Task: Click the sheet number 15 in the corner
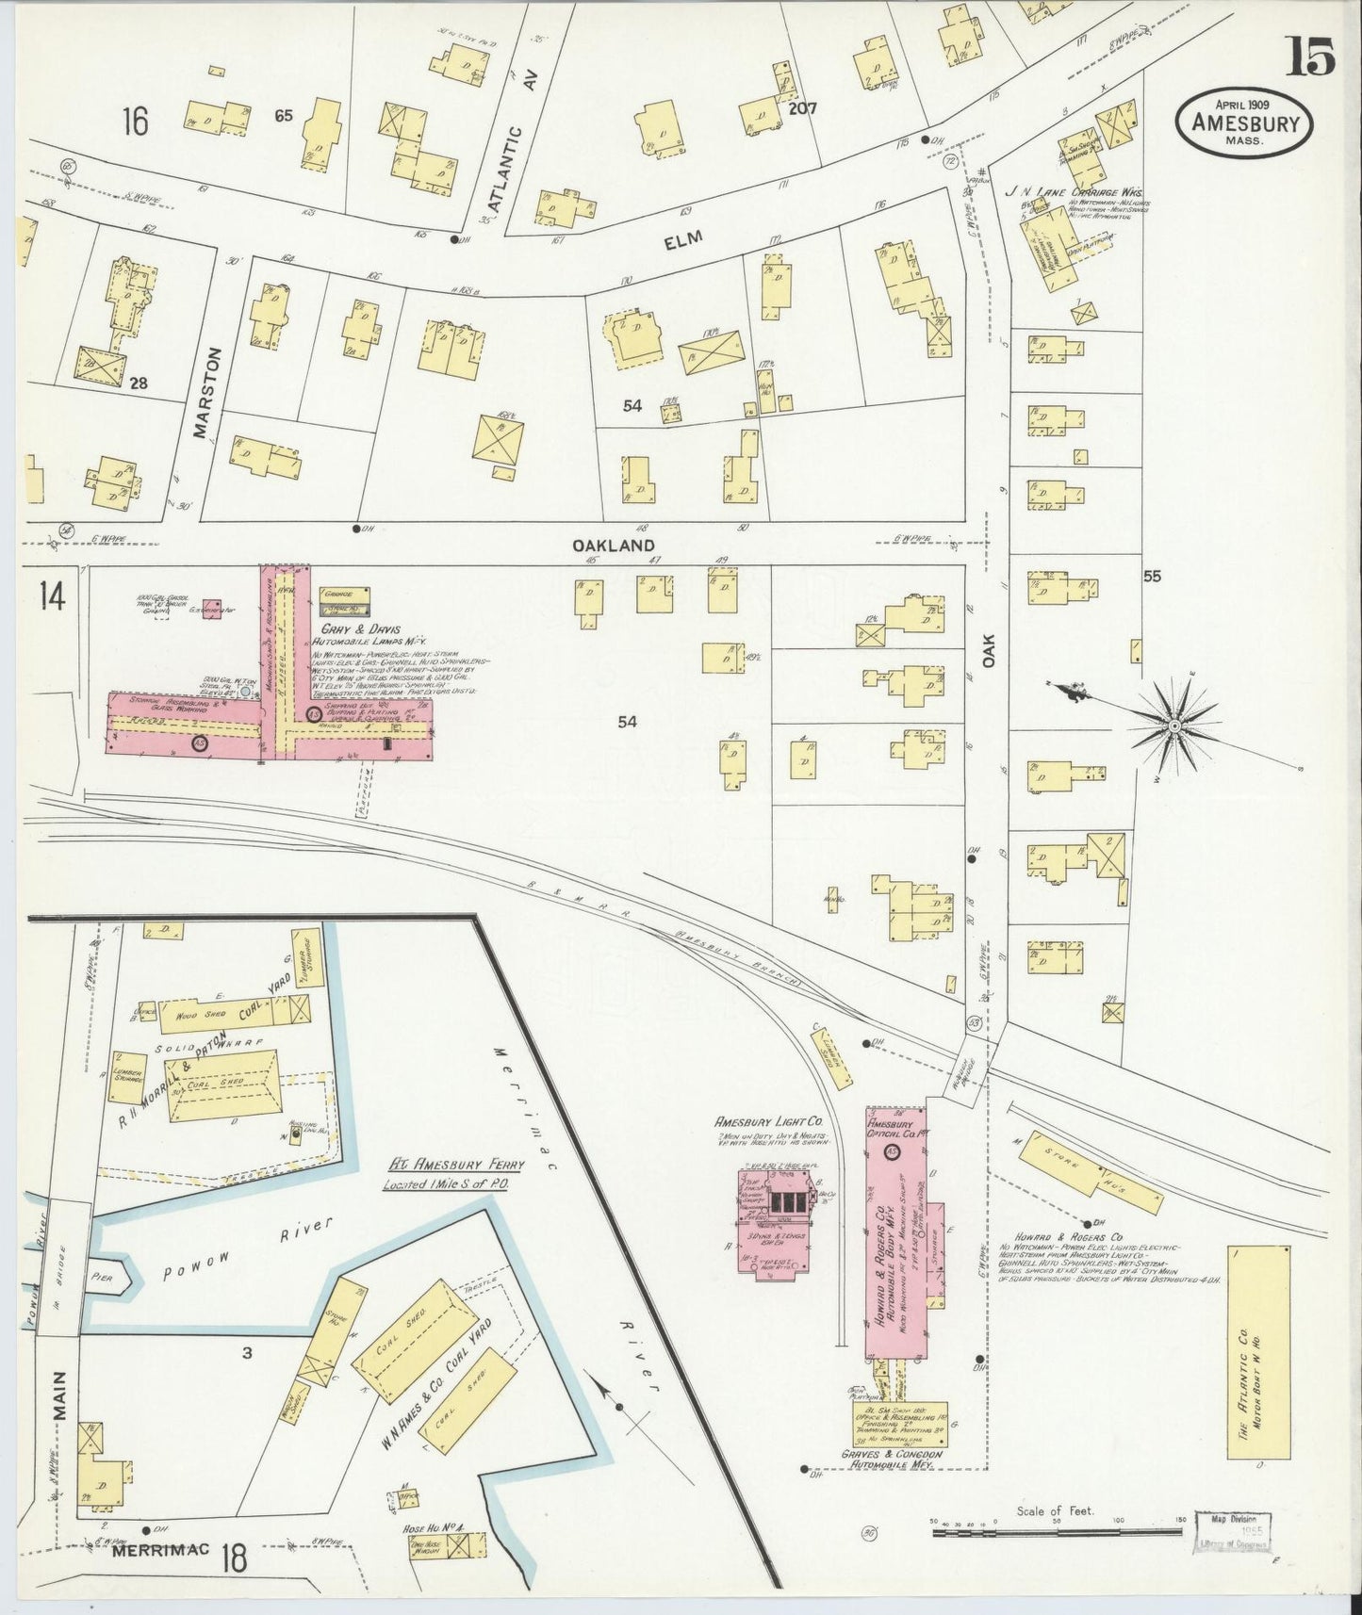(1310, 58)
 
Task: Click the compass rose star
(1175, 726)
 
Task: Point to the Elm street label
(683, 241)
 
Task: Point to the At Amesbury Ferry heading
(452, 1165)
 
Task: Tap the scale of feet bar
(1056, 1533)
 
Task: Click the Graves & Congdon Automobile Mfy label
(895, 1486)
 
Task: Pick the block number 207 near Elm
(802, 108)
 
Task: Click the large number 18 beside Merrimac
(234, 1558)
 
